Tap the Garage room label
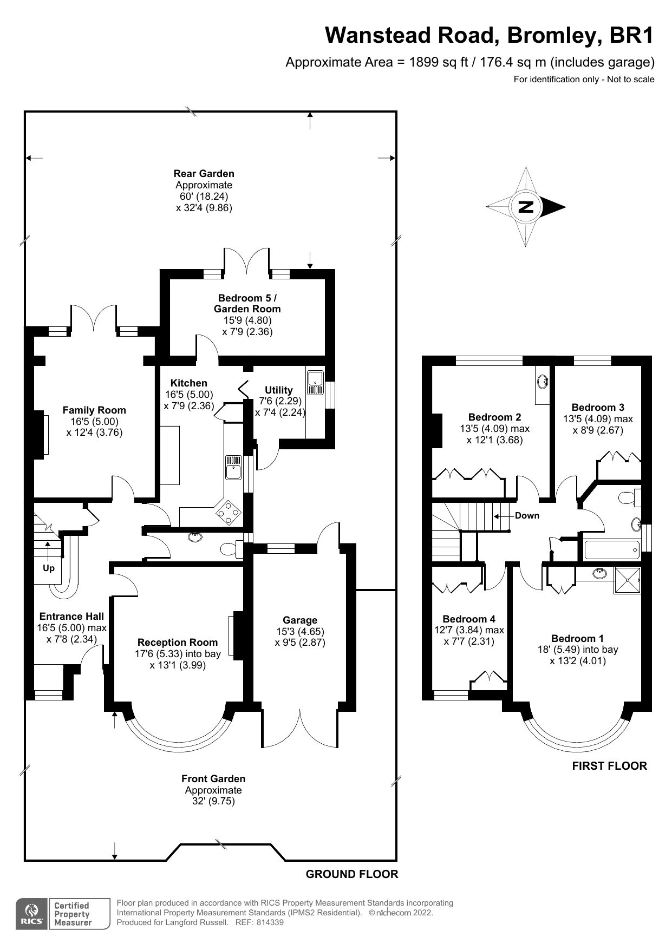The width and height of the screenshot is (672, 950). click(x=299, y=620)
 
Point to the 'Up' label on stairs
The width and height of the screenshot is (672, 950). click(x=49, y=568)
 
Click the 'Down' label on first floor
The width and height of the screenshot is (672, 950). click(x=527, y=515)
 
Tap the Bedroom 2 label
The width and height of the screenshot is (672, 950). click(x=494, y=417)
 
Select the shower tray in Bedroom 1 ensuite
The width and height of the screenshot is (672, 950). click(x=627, y=580)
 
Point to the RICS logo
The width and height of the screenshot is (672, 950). click(x=31, y=914)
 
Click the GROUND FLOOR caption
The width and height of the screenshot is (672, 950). click(x=352, y=874)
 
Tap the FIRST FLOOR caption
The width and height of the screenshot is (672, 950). click(x=609, y=765)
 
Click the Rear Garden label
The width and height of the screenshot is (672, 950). click(x=204, y=173)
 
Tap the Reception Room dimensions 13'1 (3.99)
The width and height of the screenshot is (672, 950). click(x=178, y=665)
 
